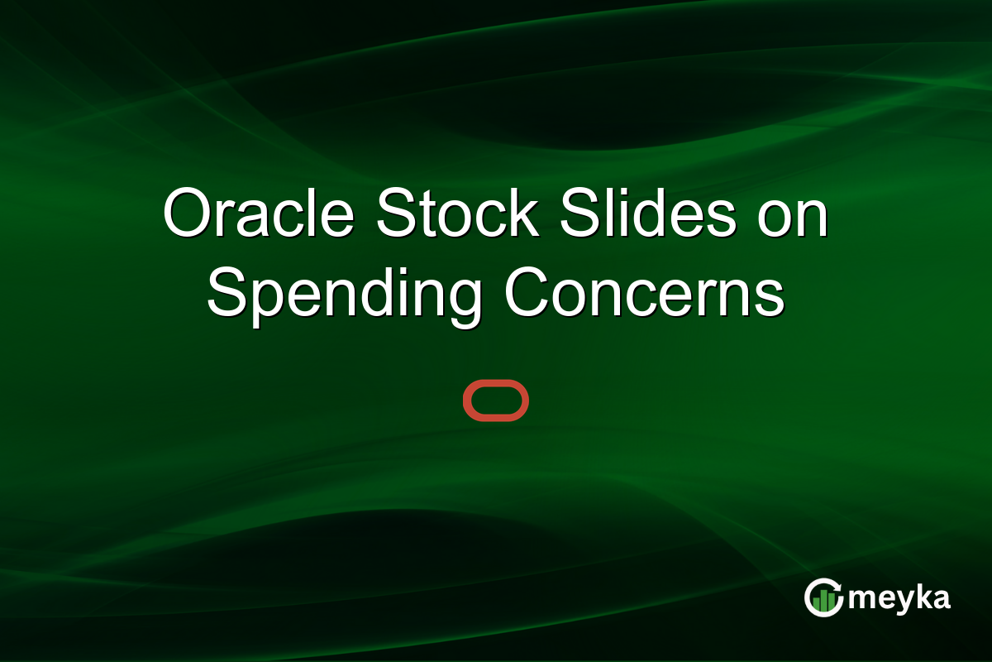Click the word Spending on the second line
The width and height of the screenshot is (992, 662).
(x=344, y=296)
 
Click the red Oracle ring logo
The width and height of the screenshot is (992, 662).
(x=495, y=401)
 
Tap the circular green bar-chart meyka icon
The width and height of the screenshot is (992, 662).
(x=823, y=598)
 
